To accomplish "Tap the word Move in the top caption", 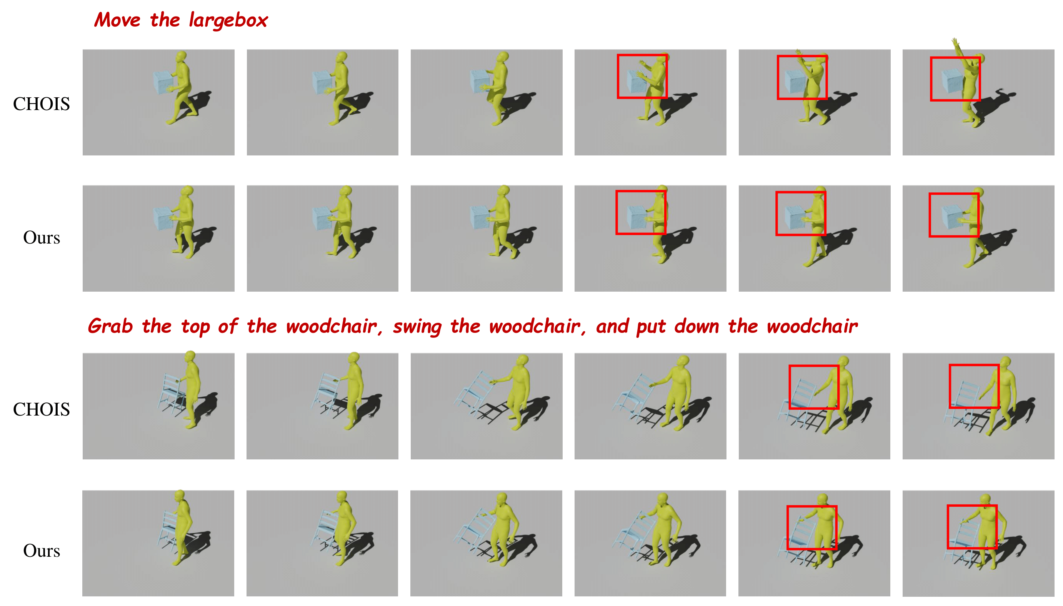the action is [117, 20].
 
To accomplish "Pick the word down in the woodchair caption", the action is [696, 326].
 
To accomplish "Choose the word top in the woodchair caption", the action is [195, 327].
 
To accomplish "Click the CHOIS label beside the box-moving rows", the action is [41, 104].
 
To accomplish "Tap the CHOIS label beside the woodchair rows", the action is [41, 409].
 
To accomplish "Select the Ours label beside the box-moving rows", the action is [42, 238].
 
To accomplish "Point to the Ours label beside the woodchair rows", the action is [42, 551].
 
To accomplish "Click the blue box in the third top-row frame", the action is [481, 81].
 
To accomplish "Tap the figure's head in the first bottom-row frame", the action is [179, 496].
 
